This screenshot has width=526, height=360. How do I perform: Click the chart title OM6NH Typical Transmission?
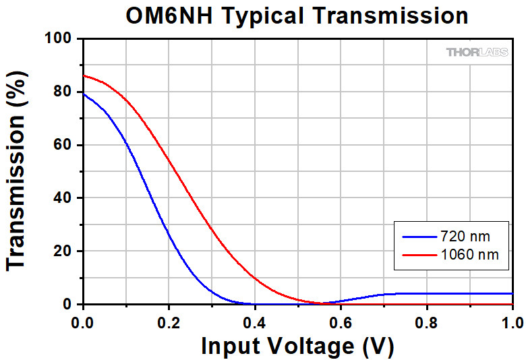pos(297,16)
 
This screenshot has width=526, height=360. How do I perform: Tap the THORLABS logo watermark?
pos(477,52)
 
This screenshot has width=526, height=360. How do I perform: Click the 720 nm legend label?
pos(465,237)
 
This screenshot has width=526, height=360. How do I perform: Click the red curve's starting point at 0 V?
pos(83,76)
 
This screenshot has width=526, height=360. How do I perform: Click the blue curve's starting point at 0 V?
pos(83,94)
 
